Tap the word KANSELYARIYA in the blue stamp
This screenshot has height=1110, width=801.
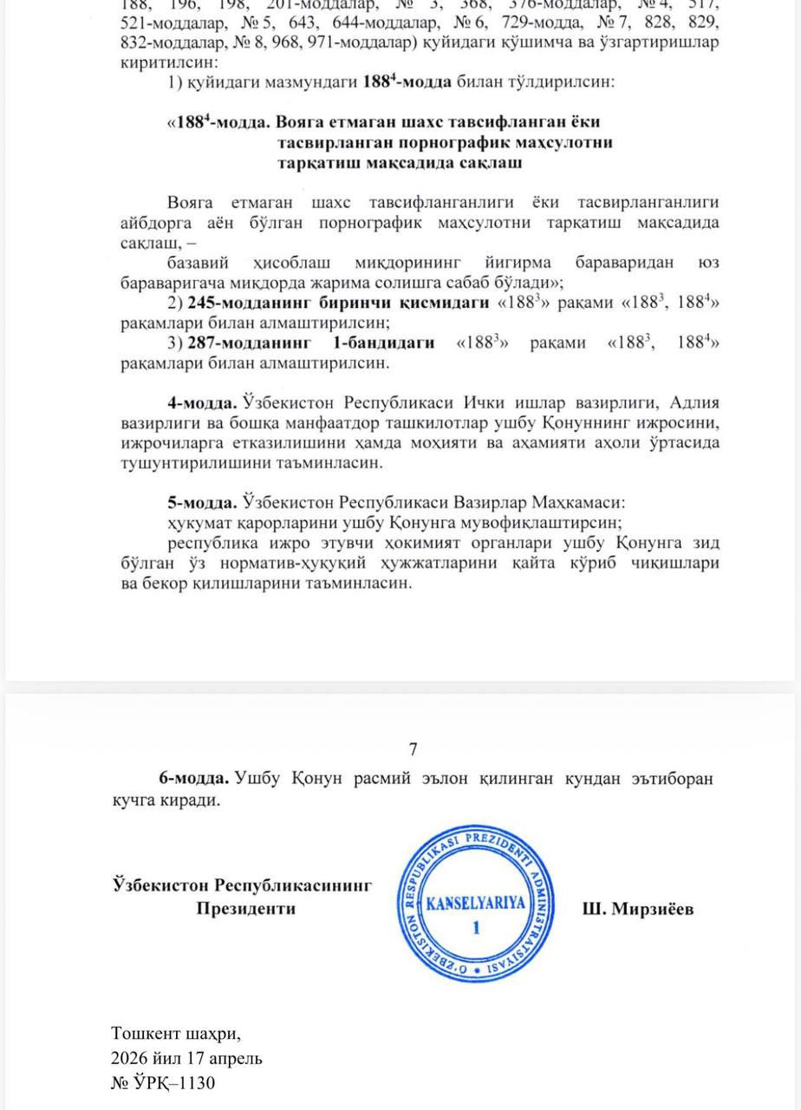(477, 903)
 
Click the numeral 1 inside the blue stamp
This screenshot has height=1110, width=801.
(475, 929)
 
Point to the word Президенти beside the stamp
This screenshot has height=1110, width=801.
(245, 909)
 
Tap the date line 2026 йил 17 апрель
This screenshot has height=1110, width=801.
(186, 1058)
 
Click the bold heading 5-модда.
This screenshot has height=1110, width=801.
(202, 502)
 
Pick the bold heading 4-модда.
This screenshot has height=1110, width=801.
(202, 403)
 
